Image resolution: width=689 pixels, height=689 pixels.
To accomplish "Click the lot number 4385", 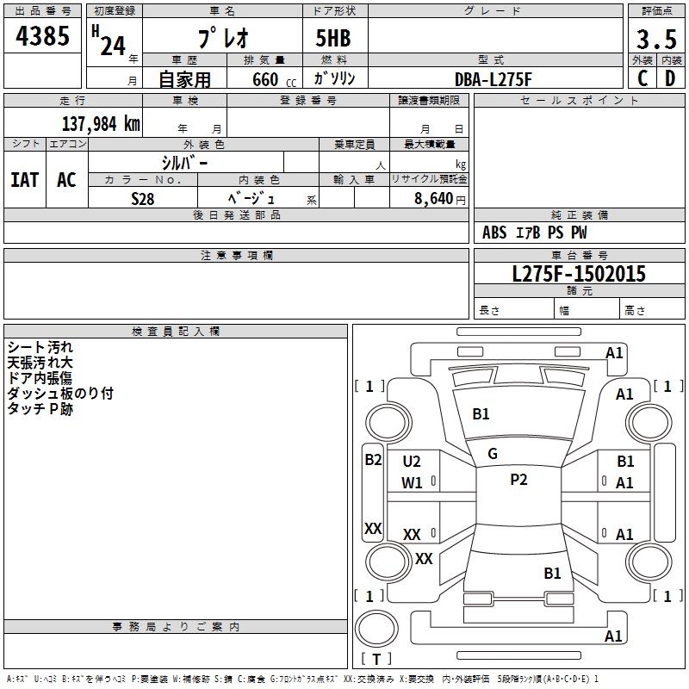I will click(x=43, y=39).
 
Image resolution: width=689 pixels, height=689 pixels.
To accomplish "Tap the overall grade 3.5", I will click(x=656, y=40).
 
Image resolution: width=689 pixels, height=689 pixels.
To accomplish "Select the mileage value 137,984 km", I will click(x=101, y=124).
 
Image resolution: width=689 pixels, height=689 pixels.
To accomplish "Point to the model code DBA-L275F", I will click(x=493, y=78).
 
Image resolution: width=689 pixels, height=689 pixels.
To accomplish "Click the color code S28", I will click(x=143, y=198).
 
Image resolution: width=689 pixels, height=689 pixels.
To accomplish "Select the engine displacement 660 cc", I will click(x=270, y=79).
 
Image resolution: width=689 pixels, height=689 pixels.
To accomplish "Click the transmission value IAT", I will click(x=24, y=180).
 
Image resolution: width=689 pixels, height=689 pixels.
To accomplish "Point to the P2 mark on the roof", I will click(x=518, y=480).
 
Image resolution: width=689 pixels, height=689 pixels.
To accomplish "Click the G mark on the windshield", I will click(x=493, y=454).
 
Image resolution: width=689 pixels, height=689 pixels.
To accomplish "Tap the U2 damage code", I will click(x=412, y=462).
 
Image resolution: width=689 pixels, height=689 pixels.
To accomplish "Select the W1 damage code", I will click(x=412, y=483).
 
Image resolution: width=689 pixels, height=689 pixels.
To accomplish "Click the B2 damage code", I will click(x=373, y=460).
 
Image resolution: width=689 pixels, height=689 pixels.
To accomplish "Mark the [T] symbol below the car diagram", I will click(x=376, y=659).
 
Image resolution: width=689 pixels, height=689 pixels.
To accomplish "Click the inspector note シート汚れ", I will click(x=41, y=347).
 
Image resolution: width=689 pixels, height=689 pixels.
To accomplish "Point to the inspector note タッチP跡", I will click(x=40, y=409).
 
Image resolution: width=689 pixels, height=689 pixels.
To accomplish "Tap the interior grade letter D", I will click(x=670, y=78).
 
